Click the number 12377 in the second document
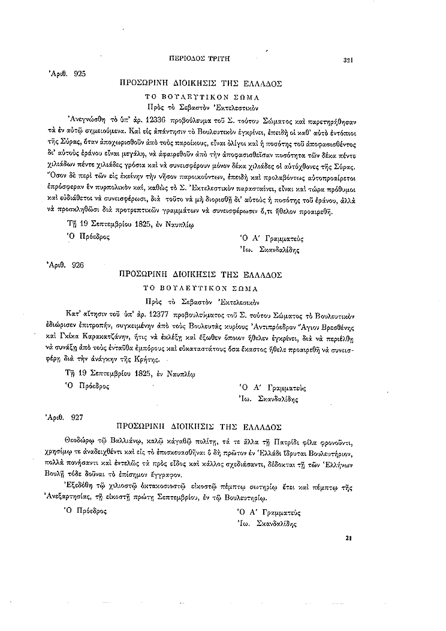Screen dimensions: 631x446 pyautogui.click(x=152, y=313)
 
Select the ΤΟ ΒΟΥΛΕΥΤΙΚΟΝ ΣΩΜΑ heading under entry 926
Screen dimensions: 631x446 pyautogui.click(x=205, y=288)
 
